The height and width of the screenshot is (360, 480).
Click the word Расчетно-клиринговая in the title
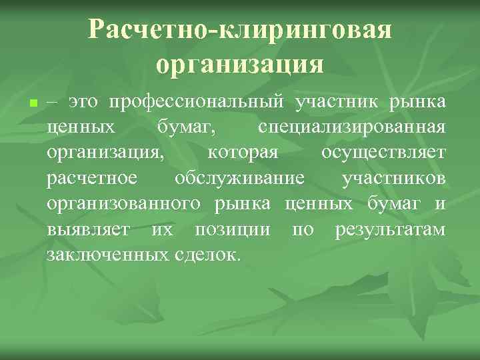239,30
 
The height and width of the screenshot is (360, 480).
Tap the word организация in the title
239,65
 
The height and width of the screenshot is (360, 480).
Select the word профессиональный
199,103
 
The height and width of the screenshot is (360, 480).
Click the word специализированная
351,127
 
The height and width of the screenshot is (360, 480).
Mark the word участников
393,178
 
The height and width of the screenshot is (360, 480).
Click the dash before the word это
54,103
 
